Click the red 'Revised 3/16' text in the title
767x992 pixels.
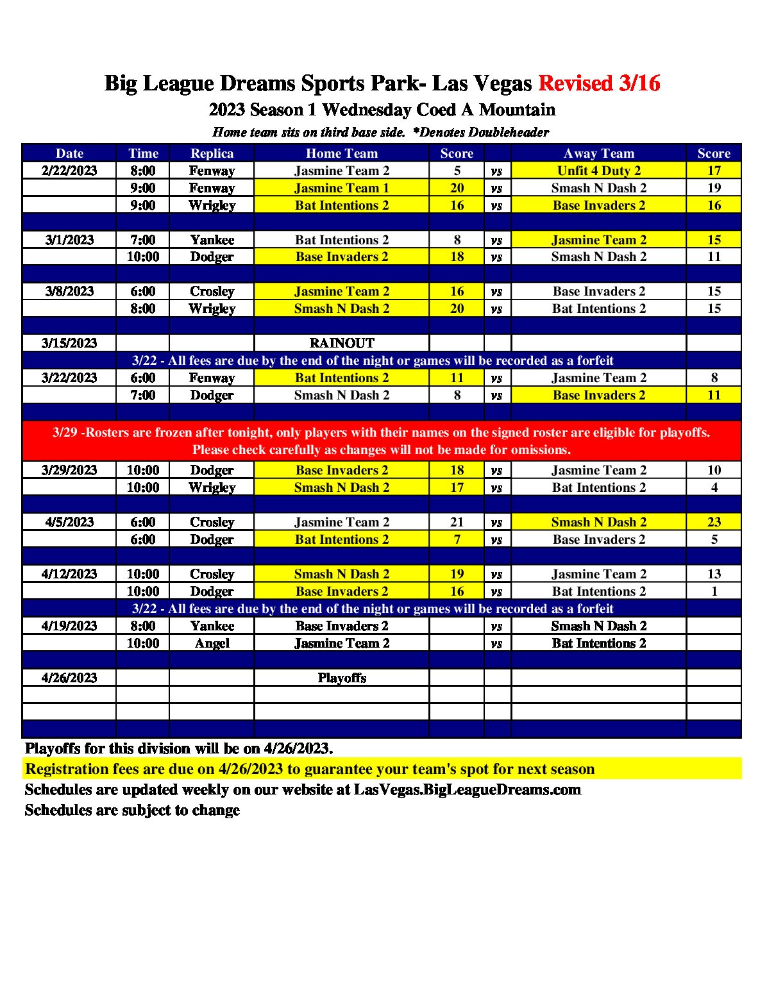[599, 83]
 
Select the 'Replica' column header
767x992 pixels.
[212, 153]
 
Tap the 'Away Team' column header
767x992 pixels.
[598, 153]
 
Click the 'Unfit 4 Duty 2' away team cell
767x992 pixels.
[598, 171]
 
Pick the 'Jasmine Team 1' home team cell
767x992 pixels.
[341, 188]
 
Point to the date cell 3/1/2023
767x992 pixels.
[69, 240]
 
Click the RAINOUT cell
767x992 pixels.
[341, 343]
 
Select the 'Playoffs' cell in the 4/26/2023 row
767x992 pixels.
[341, 678]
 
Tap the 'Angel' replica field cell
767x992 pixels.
[212, 643]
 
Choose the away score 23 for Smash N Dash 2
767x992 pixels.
[714, 522]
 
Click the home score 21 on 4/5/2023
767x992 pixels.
[457, 522]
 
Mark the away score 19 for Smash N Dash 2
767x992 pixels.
[714, 188]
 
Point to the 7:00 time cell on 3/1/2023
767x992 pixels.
[142, 240]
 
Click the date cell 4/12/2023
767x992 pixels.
[69, 574]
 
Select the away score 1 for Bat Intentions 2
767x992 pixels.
[714, 591]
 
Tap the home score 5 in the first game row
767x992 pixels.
[457, 171]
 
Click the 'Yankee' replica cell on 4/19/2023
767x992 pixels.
[212, 626]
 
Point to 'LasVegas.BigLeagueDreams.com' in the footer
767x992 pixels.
[467, 789]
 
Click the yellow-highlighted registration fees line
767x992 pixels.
[310, 769]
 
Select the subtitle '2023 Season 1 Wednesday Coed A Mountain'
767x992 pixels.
[382, 110]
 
